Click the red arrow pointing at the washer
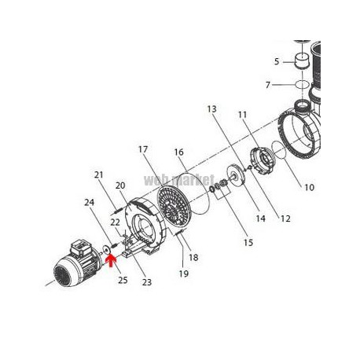pyautogui.click(x=111, y=262)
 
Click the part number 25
pyautogui.click(x=123, y=280)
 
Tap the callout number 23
pyautogui.click(x=147, y=282)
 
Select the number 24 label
pyautogui.click(x=89, y=202)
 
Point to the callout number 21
pyautogui.click(x=99, y=174)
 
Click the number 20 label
pyautogui.click(x=120, y=186)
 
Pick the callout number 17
pyautogui.click(x=143, y=149)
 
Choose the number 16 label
pyautogui.click(x=178, y=152)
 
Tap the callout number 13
pyautogui.click(x=211, y=109)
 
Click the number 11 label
pyautogui.click(x=242, y=115)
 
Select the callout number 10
pyautogui.click(x=309, y=187)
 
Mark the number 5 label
pyautogui.click(x=277, y=61)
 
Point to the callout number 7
pyautogui.click(x=267, y=85)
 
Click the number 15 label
pyautogui.click(x=248, y=243)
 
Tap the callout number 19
pyautogui.click(x=184, y=274)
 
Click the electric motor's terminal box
pyautogui.click(x=81, y=248)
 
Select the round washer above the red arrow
pyautogui.click(x=107, y=249)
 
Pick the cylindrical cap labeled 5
pyautogui.click(x=302, y=61)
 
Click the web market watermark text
pyautogui.click(x=179, y=180)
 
